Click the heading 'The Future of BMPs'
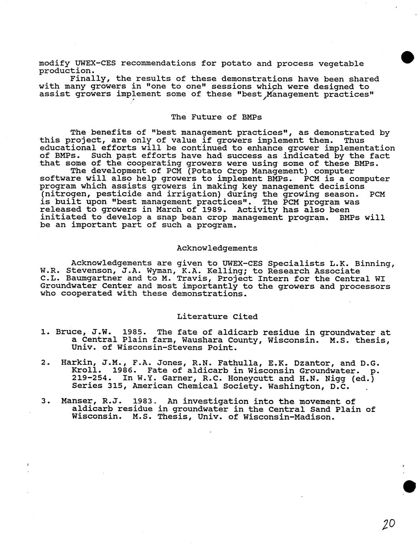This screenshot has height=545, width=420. (216, 117)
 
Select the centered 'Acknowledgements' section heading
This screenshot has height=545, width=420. (217, 248)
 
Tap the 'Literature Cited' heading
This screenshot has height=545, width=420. (217, 317)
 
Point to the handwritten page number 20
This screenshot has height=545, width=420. (388, 524)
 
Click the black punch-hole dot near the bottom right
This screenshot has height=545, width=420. (409, 487)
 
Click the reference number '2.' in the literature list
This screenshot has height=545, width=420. (45, 363)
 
